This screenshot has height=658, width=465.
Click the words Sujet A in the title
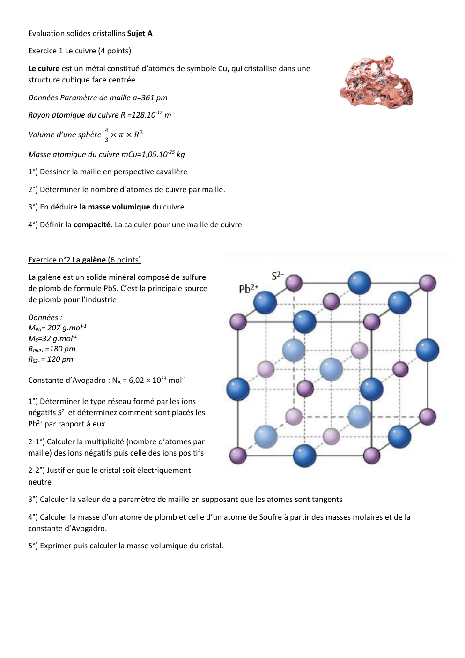click(140, 34)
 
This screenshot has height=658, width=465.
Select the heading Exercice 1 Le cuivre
click(79, 51)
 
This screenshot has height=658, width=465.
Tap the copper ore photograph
click(376, 83)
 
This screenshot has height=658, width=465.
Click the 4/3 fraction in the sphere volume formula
click(106, 135)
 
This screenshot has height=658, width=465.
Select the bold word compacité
click(92, 225)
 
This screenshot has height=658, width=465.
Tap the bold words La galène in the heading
click(89, 260)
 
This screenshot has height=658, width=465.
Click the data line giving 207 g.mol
click(57, 328)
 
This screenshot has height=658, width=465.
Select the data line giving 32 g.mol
click(52, 338)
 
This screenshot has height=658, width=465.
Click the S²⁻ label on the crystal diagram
click(277, 276)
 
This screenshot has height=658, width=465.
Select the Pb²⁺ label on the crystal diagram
click(248, 289)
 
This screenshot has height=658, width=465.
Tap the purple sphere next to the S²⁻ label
click(294, 283)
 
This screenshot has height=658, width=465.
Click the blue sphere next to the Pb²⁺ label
click(265, 302)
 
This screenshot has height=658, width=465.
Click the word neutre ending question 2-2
click(40, 482)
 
